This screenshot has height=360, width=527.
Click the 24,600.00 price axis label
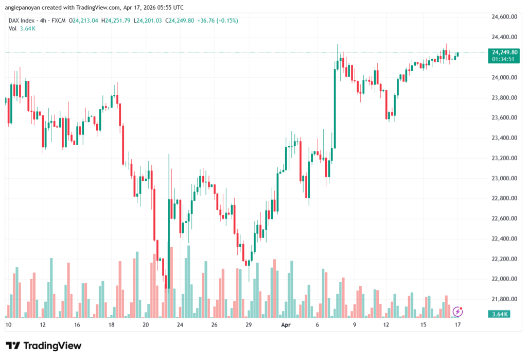point(504,17)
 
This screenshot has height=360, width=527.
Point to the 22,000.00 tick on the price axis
point(504,279)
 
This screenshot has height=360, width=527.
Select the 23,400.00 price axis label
point(504,138)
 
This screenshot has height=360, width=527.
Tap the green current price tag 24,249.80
point(505,52)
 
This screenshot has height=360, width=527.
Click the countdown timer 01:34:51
point(505,59)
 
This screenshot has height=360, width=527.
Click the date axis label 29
point(249,325)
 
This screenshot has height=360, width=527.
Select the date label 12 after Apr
point(386,325)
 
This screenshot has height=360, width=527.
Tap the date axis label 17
point(458,325)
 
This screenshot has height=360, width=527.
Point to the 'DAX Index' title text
point(22,21)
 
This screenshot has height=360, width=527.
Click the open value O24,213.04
point(84,21)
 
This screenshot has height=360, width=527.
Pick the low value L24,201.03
point(148,21)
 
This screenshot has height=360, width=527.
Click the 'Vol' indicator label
point(12,29)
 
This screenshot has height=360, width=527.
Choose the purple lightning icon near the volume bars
point(458,311)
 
